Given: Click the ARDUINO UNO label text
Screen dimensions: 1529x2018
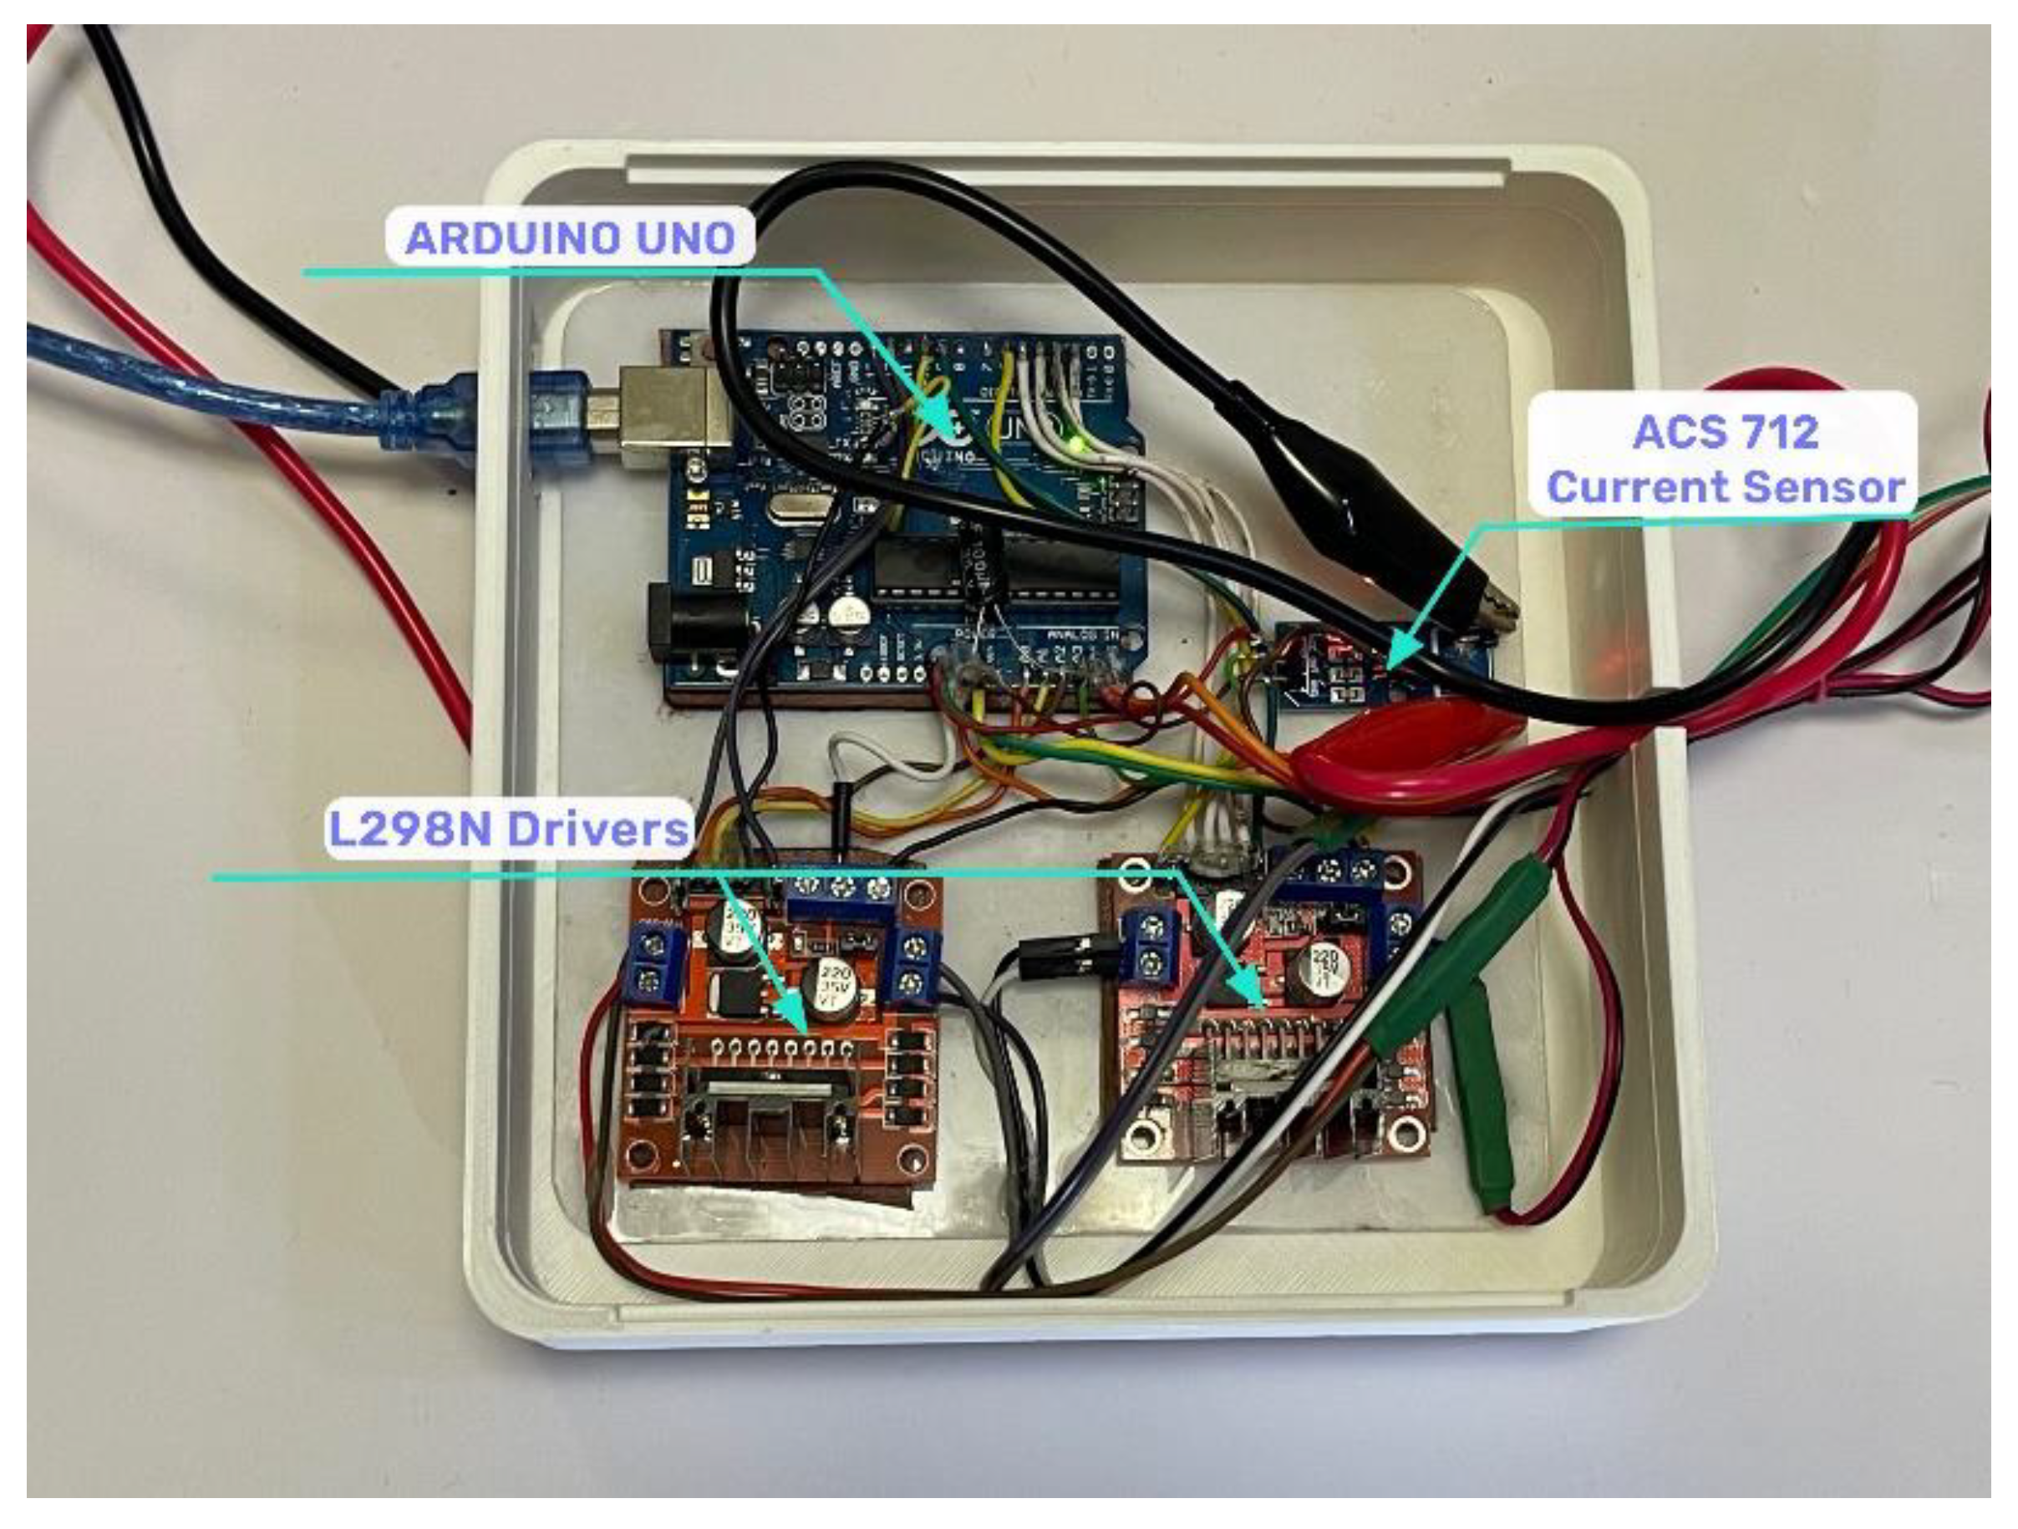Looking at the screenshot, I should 570,238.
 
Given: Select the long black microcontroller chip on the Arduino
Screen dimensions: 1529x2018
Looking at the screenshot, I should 994,569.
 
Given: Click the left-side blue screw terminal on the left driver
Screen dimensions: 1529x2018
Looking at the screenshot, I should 649,963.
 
